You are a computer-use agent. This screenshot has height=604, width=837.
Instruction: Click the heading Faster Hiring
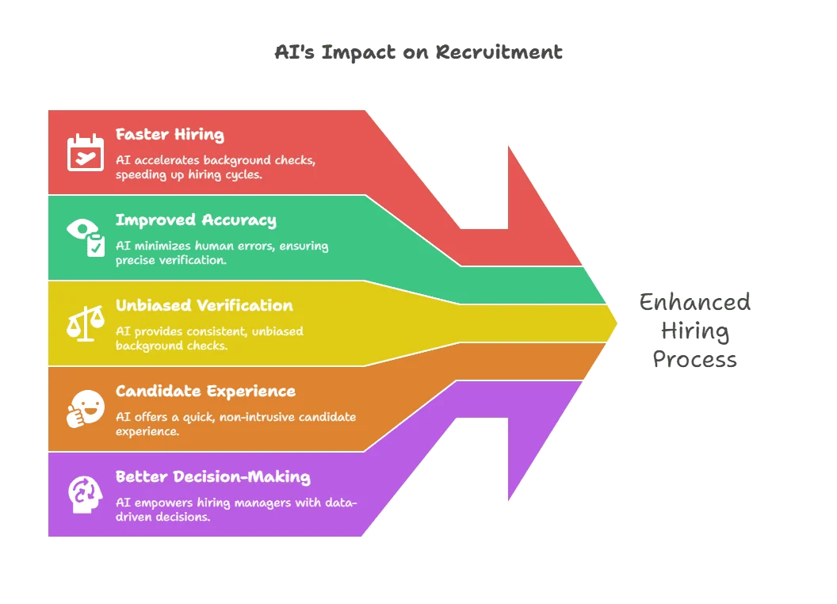point(170,134)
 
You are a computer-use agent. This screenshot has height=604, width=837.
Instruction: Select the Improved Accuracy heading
point(196,220)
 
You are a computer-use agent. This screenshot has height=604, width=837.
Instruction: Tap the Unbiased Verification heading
point(204,305)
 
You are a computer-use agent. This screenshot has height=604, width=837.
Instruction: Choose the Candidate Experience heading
point(205,391)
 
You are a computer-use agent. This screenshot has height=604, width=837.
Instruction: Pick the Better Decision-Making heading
point(212,476)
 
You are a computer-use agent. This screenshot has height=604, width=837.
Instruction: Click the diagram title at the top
point(418,53)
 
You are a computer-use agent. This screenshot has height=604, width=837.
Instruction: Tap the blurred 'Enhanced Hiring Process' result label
point(696,330)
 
